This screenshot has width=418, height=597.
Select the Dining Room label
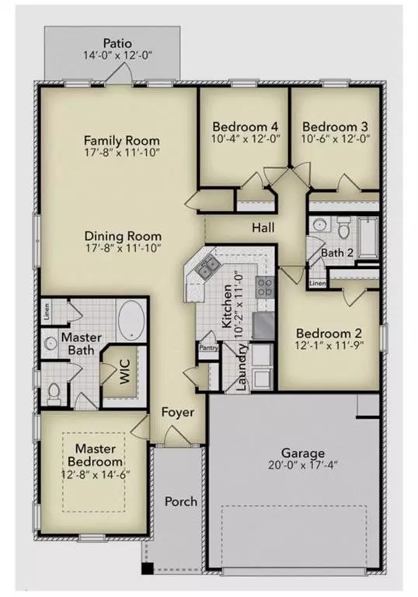122,236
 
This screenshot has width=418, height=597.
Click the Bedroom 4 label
246,126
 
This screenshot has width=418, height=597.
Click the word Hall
262,228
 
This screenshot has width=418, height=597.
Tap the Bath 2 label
340,253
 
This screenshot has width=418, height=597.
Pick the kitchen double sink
207,270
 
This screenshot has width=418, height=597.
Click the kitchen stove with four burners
264,285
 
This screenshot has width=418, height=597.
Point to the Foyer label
179,412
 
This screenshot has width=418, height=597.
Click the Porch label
180,501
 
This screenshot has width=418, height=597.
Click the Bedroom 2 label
329,331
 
